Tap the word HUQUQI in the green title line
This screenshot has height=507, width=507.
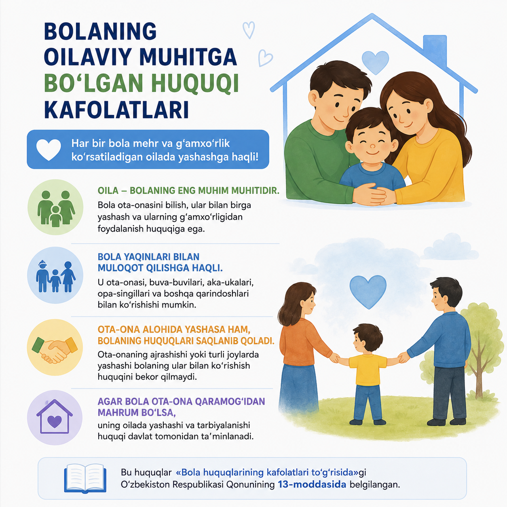click(195, 83)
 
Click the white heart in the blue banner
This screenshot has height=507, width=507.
click(49, 150)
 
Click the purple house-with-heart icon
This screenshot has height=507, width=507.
click(55, 417)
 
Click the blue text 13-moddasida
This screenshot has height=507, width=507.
click(312, 484)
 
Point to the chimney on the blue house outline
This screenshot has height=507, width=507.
click(435, 50)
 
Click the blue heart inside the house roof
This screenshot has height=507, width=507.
click(375, 62)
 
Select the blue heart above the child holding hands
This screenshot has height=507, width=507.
click(368, 292)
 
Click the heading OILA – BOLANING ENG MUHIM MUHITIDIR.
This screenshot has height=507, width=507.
click(188, 190)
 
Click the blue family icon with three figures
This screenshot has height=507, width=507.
click(56, 276)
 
